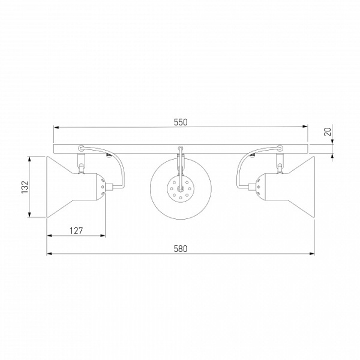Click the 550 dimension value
pyautogui.click(x=181, y=122)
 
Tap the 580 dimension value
pyautogui.click(x=181, y=249)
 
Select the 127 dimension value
pyautogui.click(x=76, y=231)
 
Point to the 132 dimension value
pyautogui.click(x=25, y=187)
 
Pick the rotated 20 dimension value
pyautogui.click(x=328, y=131)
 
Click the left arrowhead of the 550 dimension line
pyautogui.click(x=56, y=127)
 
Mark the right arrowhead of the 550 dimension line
pyautogui.click(x=305, y=126)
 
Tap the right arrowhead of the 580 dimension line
pyautogui.click(x=312, y=254)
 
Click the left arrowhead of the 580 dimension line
pyautogui.click(x=50, y=254)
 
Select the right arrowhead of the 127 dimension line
pyautogui.click(x=103, y=236)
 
